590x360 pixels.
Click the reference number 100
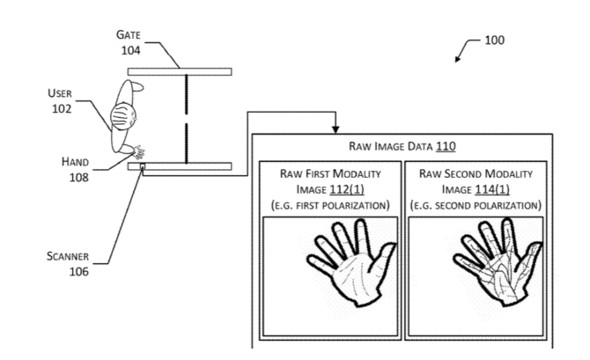pos(495,40)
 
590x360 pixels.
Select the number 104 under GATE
pos(129,49)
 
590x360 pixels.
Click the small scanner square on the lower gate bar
pos(141,167)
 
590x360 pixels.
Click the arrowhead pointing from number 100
pos(457,59)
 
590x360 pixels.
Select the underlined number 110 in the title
pos(444,146)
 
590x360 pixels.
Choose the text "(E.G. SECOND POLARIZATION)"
pos(476,204)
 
